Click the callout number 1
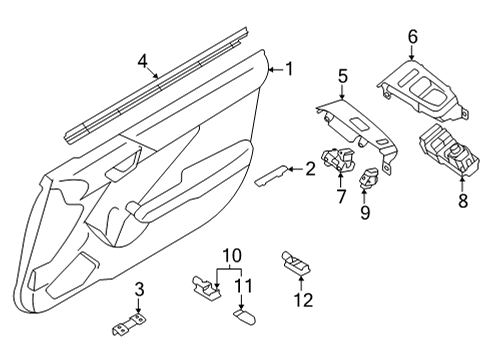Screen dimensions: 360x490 click(290, 69)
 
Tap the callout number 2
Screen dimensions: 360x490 click(311, 169)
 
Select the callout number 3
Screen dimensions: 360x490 click(139, 290)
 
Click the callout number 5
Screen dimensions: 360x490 click(342, 75)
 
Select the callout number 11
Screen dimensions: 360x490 click(240, 292)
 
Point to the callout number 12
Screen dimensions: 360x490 click(295, 298)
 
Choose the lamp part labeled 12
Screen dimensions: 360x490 click(297, 264)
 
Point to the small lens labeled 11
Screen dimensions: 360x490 click(243, 316)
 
